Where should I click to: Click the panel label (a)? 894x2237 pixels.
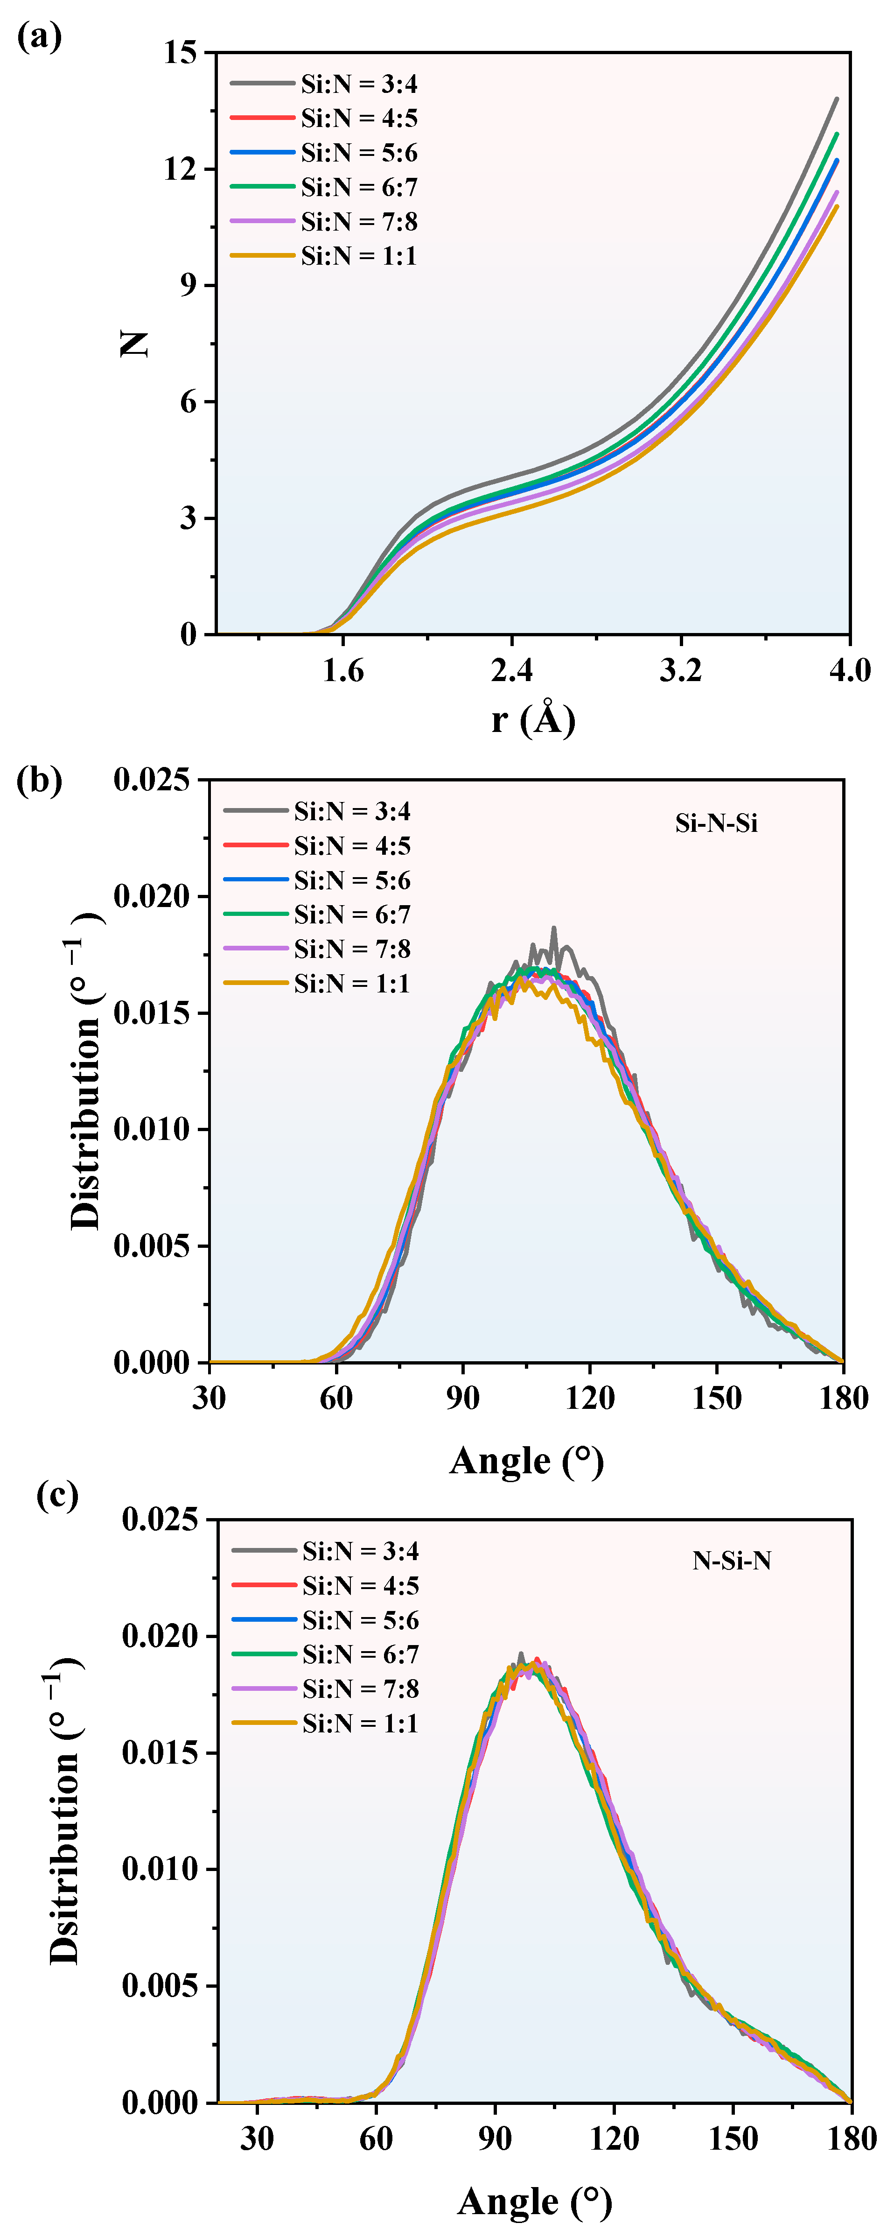tap(39, 37)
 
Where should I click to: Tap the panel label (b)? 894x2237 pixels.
tap(39, 780)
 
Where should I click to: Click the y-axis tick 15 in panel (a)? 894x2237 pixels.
tap(181, 53)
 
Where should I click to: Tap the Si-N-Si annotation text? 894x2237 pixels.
tap(716, 823)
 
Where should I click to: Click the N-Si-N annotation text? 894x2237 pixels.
tap(732, 1561)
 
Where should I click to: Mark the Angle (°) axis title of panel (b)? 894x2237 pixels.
tap(526, 1462)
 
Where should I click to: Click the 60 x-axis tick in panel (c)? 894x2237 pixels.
tap(376, 2138)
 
